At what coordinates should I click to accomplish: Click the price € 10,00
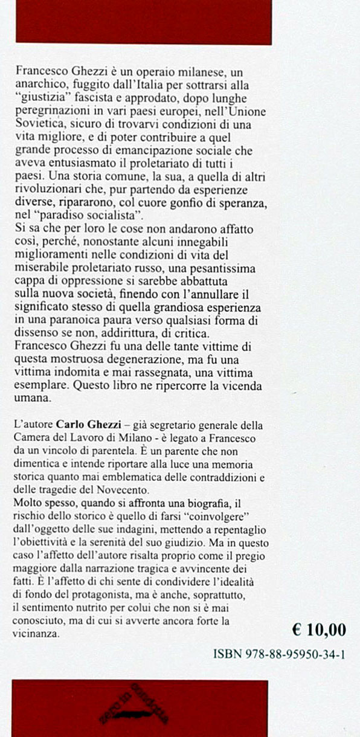[x=318, y=630]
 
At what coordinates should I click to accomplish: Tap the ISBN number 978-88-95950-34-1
[x=280, y=654]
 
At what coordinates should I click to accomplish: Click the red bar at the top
[x=143, y=22]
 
